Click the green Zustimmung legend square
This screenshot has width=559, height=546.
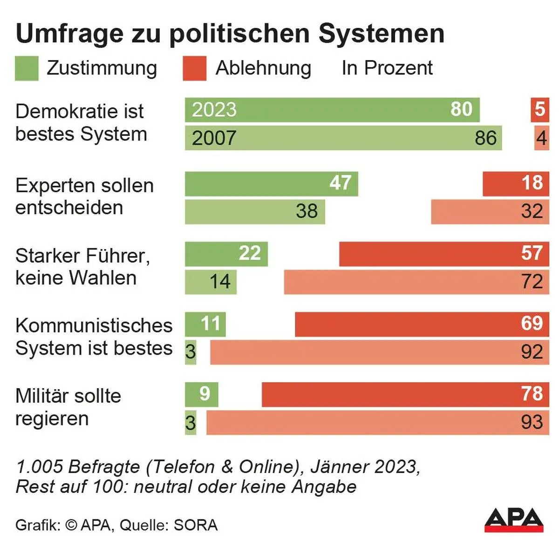[27, 68]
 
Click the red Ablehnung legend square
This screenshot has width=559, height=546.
[194, 68]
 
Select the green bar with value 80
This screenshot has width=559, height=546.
[332, 110]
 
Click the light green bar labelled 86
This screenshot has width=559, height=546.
[343, 138]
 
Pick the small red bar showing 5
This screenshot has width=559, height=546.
[539, 110]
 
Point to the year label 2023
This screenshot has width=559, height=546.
[214, 110]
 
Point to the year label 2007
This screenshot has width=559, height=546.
[214, 138]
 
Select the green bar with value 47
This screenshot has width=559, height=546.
[271, 184]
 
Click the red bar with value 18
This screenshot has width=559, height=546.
[516, 184]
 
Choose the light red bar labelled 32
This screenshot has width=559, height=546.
[490, 212]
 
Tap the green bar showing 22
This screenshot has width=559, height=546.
[226, 254]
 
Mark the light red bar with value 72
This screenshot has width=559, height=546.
[416, 282]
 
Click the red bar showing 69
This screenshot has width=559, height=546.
[422, 324]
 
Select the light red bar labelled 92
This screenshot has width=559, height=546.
[379, 352]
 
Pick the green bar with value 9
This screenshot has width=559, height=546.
[201, 395]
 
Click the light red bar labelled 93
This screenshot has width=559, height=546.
[377, 423]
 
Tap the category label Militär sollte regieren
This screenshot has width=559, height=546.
[68, 407]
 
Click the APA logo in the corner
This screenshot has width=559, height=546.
[514, 519]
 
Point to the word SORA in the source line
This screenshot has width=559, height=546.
[196, 525]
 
